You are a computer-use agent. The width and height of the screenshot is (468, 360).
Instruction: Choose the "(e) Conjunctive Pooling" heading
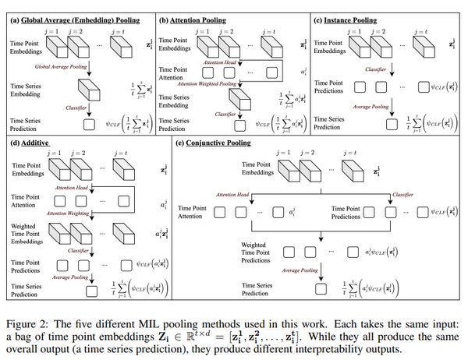click(x=217, y=143)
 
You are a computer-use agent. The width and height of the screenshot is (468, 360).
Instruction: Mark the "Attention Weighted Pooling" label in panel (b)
click(x=208, y=83)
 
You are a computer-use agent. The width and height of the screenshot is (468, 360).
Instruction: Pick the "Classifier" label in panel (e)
click(x=404, y=194)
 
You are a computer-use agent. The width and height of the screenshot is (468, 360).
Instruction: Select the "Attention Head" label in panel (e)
click(x=232, y=194)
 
